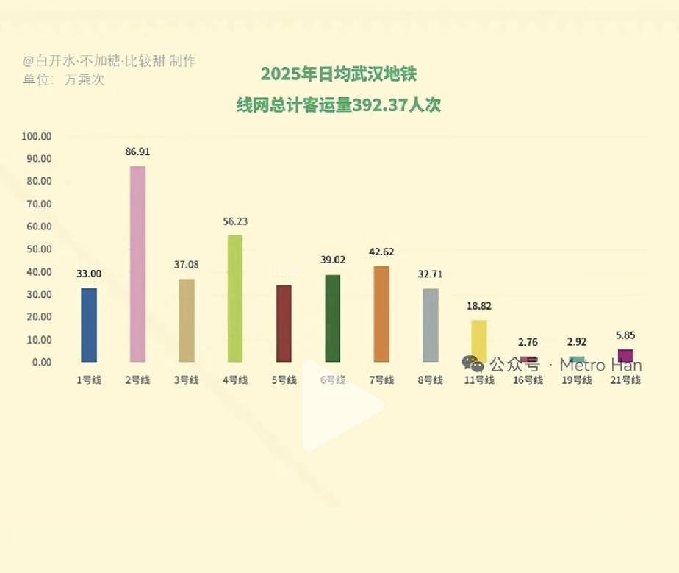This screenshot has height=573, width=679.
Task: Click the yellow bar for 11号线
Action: click(x=478, y=340)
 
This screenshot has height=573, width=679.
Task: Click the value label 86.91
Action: click(x=137, y=152)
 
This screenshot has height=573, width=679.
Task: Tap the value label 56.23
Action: click(x=235, y=221)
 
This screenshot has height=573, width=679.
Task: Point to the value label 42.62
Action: click(x=381, y=252)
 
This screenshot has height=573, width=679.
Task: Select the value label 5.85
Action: click(x=625, y=335)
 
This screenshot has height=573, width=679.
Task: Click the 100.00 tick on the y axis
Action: click(x=37, y=136)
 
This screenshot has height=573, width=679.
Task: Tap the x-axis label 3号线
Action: click(x=186, y=380)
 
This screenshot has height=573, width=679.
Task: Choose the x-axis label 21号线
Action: click(x=625, y=380)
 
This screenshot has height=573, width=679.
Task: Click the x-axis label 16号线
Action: click(x=528, y=380)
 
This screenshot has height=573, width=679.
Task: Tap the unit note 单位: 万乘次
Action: click(x=63, y=79)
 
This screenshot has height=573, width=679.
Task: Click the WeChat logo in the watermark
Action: click(x=473, y=364)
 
